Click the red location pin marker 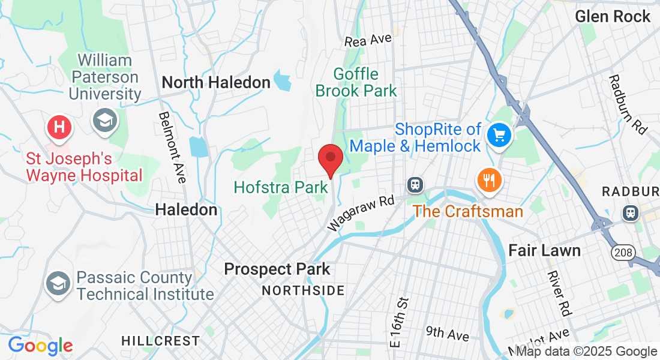pos(330,158)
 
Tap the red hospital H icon pos(59,127)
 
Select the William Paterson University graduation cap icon pos(104,121)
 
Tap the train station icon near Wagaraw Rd pos(415,185)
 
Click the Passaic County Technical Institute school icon pos(58,282)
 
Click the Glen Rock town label pos(613,16)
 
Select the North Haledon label pos(216,82)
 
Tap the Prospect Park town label pos(277,269)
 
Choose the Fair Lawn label pos(545,250)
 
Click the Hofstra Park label pos(281,187)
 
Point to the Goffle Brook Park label pos(356,83)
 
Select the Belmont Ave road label pos(171,147)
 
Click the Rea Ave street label pos(368,40)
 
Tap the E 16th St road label pos(398,322)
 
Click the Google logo pos(40,346)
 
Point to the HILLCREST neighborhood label pos(160,341)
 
